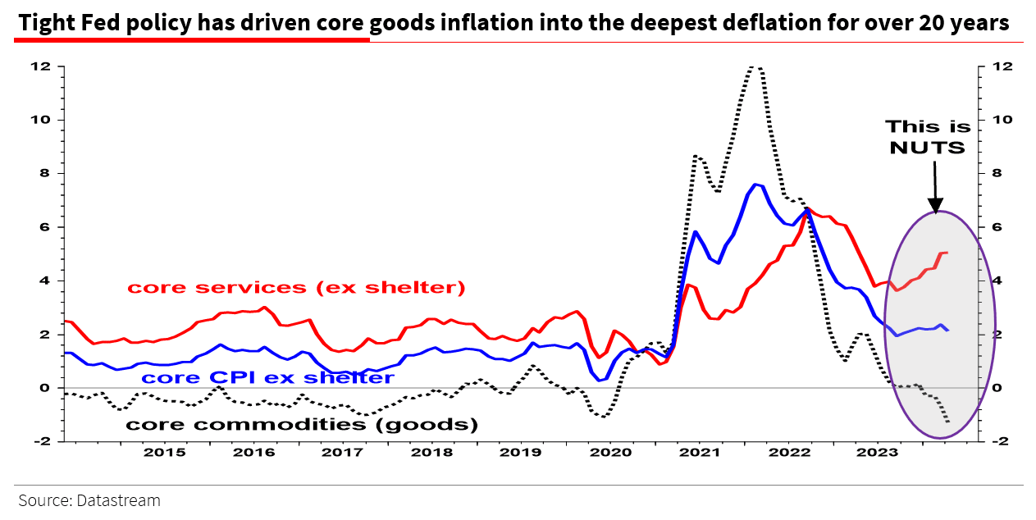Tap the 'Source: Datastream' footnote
[89, 499]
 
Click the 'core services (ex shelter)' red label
[296, 288]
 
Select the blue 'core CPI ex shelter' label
[268, 377]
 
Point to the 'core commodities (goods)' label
[301, 424]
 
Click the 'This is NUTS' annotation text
[928, 137]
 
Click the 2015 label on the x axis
[163, 452]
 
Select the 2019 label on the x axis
[519, 452]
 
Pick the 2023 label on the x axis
[876, 452]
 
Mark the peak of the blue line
[755, 185]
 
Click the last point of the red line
[947, 253]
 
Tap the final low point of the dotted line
[948, 422]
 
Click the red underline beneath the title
[192, 39]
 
